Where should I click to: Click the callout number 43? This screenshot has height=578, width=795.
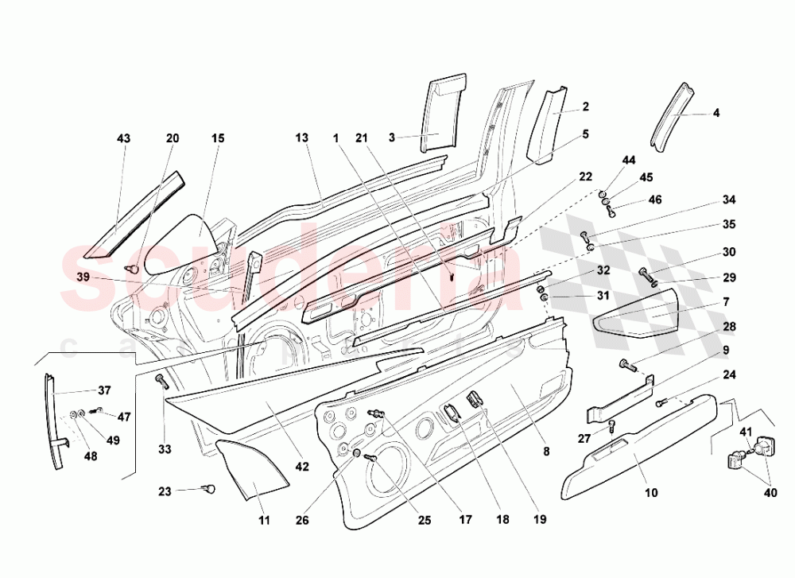[123, 138]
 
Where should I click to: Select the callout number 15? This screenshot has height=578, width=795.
[218, 138]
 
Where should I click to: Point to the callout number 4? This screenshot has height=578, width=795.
[716, 113]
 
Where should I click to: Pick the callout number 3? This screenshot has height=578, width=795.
[391, 138]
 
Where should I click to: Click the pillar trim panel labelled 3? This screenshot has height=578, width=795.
[442, 113]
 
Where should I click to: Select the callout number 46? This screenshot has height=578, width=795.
[655, 200]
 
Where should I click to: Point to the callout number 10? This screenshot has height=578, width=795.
[651, 492]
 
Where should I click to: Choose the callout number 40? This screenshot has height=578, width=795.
[770, 492]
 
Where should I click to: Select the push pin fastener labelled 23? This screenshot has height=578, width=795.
[208, 489]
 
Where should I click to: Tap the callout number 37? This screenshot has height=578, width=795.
[104, 390]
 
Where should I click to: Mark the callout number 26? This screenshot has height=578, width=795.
[302, 520]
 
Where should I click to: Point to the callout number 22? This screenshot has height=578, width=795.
[585, 177]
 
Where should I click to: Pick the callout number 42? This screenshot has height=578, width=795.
[302, 467]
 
